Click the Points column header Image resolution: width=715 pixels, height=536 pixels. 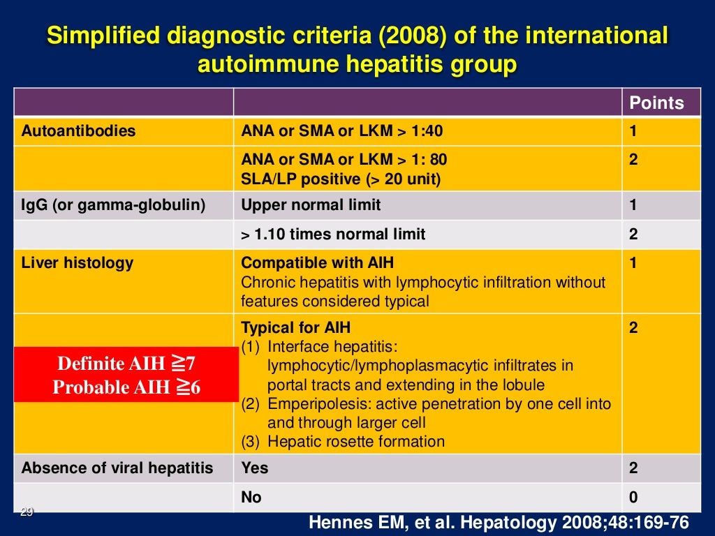[x=656, y=103]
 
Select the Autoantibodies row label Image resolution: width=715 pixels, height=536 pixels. [x=78, y=131]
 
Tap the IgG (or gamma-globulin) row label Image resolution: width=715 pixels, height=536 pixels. [x=114, y=206]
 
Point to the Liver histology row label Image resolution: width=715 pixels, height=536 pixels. [x=77, y=263]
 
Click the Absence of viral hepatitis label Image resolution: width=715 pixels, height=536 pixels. [x=117, y=468]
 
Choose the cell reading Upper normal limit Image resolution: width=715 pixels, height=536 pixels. [x=311, y=206]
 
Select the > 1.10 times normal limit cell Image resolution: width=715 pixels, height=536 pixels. [x=333, y=234]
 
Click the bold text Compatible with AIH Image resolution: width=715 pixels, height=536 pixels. [x=317, y=263]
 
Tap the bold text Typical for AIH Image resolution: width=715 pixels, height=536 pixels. [x=295, y=328]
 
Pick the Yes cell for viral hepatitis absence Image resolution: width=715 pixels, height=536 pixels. [x=254, y=468]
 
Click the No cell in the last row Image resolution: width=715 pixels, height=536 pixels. [x=251, y=498]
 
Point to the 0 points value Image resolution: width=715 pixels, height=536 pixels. [x=633, y=498]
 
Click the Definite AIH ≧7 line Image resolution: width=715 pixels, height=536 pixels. [x=126, y=364]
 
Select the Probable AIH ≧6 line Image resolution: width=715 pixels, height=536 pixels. [x=126, y=387]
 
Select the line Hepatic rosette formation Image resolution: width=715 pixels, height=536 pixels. [x=355, y=442]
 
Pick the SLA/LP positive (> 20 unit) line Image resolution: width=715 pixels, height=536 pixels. [x=341, y=179]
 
